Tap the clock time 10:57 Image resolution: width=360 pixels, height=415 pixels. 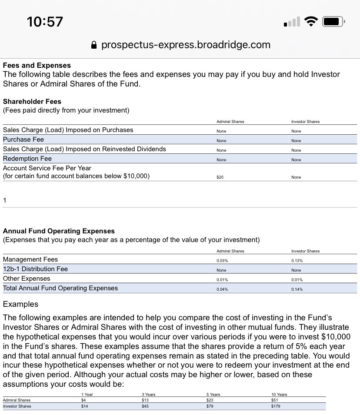pos(45,21)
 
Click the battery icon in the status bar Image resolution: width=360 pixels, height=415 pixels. pos(333,21)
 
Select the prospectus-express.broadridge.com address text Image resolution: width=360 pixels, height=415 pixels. pos(186,45)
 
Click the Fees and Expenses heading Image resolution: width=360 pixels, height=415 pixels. pos(37,66)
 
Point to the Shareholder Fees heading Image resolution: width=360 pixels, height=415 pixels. pos(32,101)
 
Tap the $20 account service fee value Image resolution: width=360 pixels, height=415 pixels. pos(220,177)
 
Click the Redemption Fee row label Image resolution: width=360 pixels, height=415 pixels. pos(27,159)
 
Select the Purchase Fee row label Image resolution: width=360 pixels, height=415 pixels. pos(23,139)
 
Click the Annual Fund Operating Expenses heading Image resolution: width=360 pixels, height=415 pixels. pos(59,231)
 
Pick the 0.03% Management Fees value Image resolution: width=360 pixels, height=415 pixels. pos(222,261)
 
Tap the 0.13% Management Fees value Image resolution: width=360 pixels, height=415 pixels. pos(297,261)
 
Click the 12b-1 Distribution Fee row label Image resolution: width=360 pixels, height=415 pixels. pos(35,269)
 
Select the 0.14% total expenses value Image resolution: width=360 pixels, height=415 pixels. pos(297,289)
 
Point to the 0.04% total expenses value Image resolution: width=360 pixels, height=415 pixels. pos(222,289)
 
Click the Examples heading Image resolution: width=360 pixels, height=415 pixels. pos(20,304)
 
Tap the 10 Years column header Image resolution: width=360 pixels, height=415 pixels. pos(279,394)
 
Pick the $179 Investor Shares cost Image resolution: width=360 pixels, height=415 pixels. pos(276,406)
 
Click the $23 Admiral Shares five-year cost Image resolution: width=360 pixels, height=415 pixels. pos(210,400)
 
